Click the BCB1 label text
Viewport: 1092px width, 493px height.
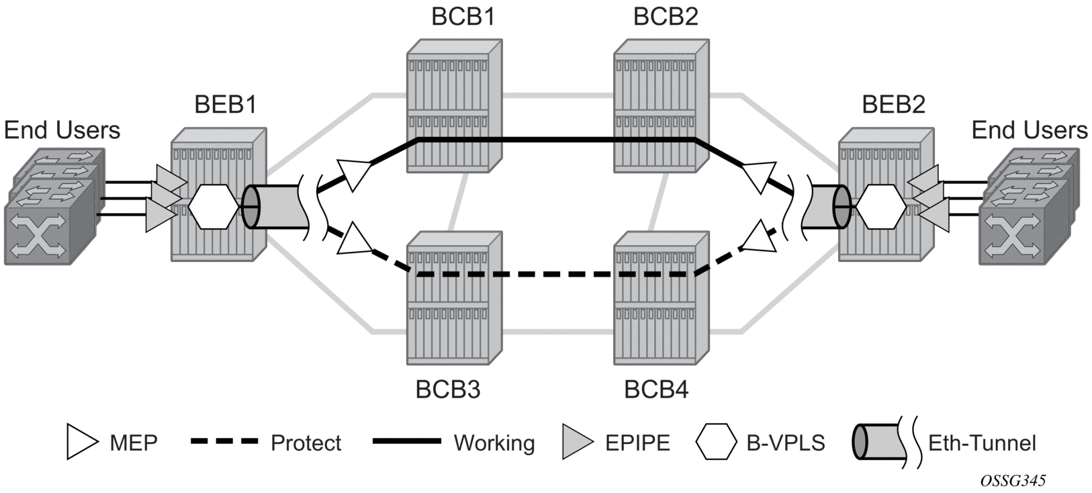click(x=463, y=16)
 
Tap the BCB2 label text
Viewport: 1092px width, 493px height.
click(x=665, y=16)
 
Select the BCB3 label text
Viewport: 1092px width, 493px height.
click(x=448, y=390)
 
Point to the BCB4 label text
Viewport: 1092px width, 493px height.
click(x=656, y=390)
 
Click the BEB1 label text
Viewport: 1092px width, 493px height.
click(x=225, y=105)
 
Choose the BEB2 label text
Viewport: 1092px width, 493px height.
click(x=893, y=105)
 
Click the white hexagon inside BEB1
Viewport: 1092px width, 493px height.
click(x=214, y=208)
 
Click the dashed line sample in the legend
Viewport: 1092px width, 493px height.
click(x=224, y=442)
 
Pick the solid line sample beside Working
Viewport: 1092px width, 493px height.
click(x=406, y=442)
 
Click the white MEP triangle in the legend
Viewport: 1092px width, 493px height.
click(x=82, y=442)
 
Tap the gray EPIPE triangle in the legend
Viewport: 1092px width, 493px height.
click(x=577, y=442)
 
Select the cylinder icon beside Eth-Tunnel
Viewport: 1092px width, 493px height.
click(x=874, y=442)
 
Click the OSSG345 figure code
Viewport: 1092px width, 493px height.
click(x=1012, y=480)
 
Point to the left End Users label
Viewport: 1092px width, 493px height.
click(x=62, y=130)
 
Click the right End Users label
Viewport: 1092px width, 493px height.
click(x=1029, y=130)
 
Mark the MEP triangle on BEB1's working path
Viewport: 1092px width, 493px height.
click(x=354, y=174)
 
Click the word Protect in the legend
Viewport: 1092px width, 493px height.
click(x=306, y=443)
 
